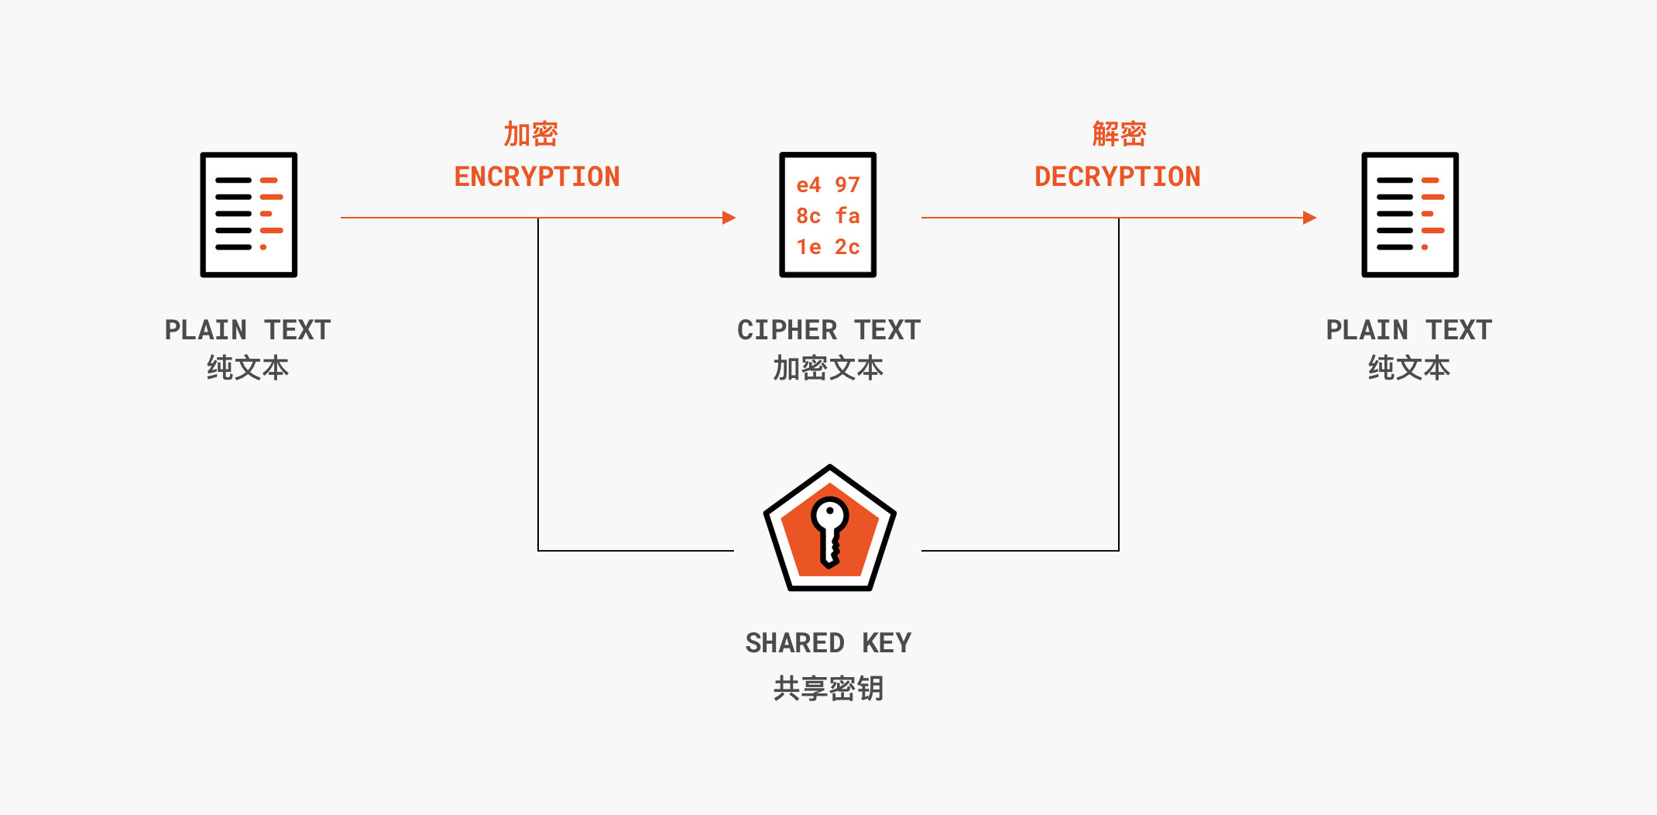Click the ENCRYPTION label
[537, 177]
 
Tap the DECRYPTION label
[1117, 177]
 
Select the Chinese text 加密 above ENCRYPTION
[530, 134]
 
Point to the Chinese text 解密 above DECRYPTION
[1119, 134]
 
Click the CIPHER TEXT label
[828, 330]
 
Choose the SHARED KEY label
[828, 643]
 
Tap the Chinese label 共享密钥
[828, 688]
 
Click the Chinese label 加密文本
[828, 368]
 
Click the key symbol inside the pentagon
[830, 531]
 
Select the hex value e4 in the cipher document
[808, 185]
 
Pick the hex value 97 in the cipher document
[847, 185]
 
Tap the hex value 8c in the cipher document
[808, 216]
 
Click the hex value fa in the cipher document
[847, 216]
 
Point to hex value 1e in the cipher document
[808, 247]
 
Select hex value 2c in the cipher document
[847, 247]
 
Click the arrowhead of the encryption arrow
[729, 218]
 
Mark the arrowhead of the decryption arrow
[1309, 218]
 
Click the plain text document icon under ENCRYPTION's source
[249, 215]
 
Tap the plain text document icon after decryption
[1410, 215]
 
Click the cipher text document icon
[828, 215]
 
